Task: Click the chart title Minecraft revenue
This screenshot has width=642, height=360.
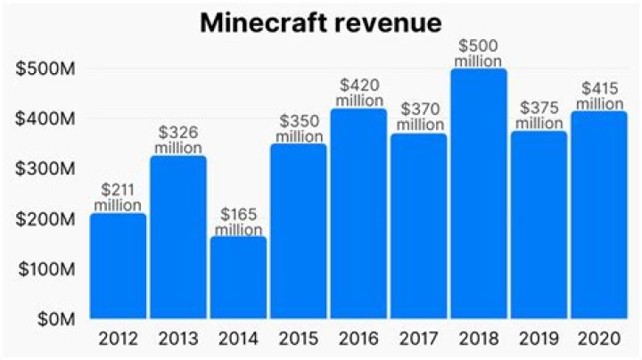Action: (321, 22)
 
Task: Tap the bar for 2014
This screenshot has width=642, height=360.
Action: (238, 277)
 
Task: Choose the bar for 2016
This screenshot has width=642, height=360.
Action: (358, 214)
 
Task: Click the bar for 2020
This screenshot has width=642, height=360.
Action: (599, 215)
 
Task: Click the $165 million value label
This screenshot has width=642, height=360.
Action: (238, 222)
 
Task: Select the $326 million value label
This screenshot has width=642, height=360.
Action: (177, 141)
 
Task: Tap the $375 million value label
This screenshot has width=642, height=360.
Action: (539, 116)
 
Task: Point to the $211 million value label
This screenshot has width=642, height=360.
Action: (118, 198)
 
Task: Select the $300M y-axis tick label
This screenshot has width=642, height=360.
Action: (46, 168)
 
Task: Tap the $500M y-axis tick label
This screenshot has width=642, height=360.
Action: (46, 69)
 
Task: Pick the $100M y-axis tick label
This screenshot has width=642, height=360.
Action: (46, 268)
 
